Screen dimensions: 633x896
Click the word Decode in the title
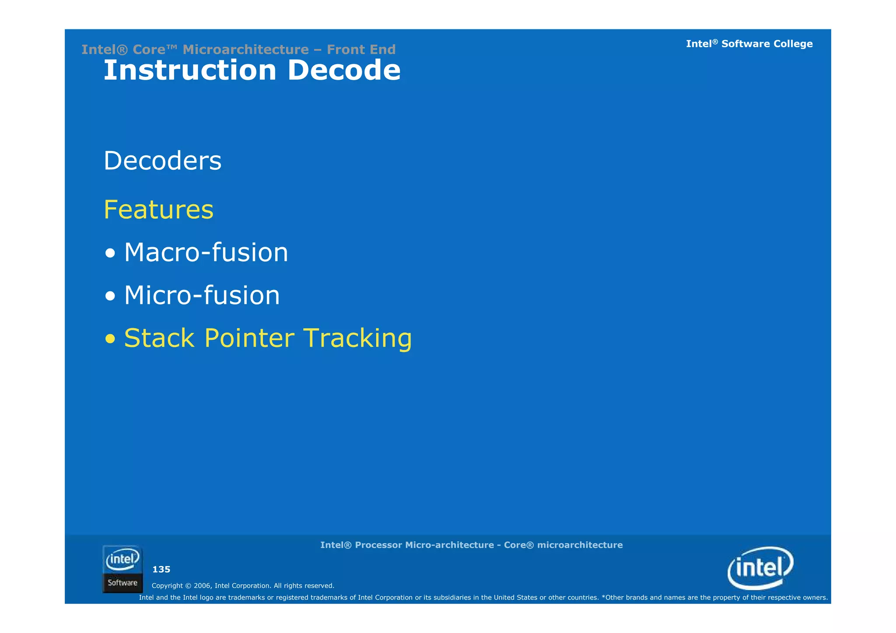click(344, 70)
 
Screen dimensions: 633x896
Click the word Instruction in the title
click(190, 70)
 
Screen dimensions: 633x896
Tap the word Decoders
click(163, 161)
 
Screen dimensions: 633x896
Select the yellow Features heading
click(158, 210)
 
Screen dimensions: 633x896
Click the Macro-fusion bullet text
click(206, 252)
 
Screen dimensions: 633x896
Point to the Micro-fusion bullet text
click(202, 295)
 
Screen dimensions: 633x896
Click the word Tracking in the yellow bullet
click(357, 338)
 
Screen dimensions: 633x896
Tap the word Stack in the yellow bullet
click(159, 338)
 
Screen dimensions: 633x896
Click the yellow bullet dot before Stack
click(110, 339)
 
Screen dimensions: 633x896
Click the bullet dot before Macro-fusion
click(110, 253)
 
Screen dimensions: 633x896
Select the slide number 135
click(161, 570)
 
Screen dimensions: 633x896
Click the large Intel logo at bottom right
click(760, 568)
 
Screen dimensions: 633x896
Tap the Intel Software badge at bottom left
click(122, 569)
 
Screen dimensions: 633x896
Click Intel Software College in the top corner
click(749, 44)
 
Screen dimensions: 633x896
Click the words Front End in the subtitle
click(361, 49)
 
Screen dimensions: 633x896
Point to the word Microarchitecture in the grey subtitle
click(245, 49)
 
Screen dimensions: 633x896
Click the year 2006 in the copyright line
click(202, 586)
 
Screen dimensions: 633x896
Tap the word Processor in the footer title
click(378, 545)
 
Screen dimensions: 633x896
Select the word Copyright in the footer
click(167, 586)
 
